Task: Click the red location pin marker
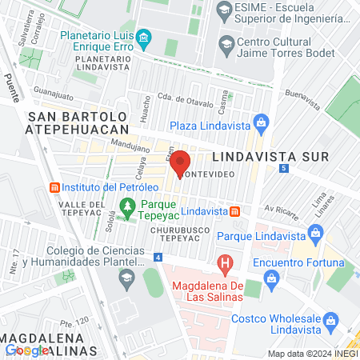click(x=180, y=162)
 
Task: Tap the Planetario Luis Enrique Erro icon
click(x=144, y=37)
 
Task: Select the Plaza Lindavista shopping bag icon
click(x=260, y=122)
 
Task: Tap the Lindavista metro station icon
click(x=235, y=211)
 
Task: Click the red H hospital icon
click(x=226, y=262)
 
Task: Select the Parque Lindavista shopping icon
click(x=317, y=235)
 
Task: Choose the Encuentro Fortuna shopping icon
click(x=270, y=277)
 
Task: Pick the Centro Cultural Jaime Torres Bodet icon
click(x=227, y=42)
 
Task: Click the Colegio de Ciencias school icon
click(x=126, y=278)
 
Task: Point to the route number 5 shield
click(x=285, y=168)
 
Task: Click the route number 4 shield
click(x=158, y=257)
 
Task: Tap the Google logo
click(x=26, y=350)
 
